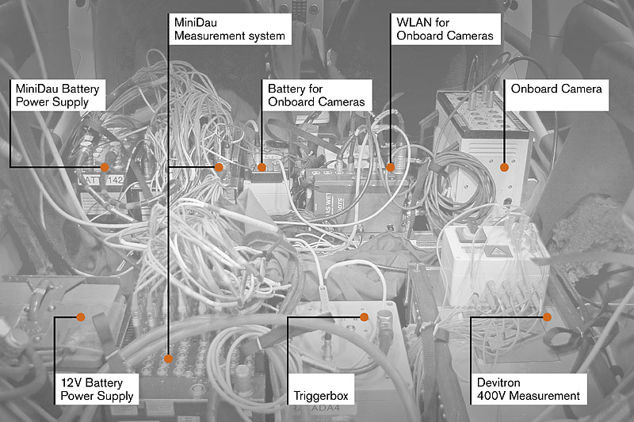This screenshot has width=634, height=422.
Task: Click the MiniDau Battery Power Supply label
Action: [58, 95]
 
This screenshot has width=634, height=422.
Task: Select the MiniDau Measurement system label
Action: [230, 29]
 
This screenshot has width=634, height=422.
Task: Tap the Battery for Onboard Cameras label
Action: [316, 95]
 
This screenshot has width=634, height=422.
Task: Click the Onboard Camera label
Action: [556, 89]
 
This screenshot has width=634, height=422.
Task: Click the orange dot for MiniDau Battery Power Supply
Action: [104, 167]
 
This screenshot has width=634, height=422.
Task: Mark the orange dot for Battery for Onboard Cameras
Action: [262, 167]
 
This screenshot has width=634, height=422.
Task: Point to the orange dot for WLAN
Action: [390, 167]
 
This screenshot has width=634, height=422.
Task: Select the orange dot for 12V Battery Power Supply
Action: [79, 317]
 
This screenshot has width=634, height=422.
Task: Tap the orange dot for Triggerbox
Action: [365, 317]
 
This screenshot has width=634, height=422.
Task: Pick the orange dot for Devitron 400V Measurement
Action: [547, 317]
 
